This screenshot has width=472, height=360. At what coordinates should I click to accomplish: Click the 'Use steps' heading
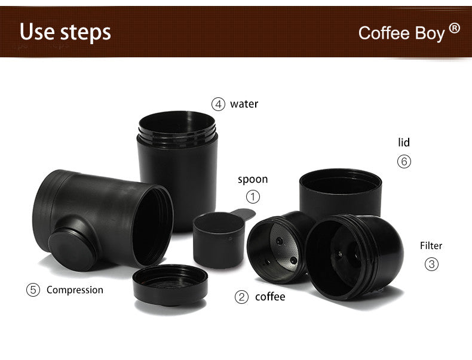click(x=65, y=32)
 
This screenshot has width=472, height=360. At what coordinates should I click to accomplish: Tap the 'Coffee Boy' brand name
click(x=401, y=32)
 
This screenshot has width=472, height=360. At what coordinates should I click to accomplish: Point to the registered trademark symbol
click(x=455, y=27)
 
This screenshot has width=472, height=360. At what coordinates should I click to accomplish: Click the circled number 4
click(x=218, y=104)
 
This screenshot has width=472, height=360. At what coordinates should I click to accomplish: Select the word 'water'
click(x=244, y=104)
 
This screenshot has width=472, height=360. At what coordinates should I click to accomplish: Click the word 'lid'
click(x=404, y=143)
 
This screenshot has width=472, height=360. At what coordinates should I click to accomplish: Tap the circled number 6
click(x=404, y=161)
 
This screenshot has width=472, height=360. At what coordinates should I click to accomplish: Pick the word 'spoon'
click(x=253, y=179)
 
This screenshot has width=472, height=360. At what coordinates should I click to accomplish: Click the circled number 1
click(x=253, y=196)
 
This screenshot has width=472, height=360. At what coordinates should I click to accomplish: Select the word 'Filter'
click(x=431, y=245)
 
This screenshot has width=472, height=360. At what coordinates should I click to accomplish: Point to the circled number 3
click(x=431, y=264)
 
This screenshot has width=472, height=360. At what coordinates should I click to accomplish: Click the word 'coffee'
click(x=270, y=297)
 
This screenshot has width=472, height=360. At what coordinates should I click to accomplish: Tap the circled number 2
click(x=241, y=297)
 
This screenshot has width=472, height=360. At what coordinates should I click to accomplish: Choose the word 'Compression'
click(x=75, y=290)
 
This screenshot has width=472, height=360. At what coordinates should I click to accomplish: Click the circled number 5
click(x=33, y=290)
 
